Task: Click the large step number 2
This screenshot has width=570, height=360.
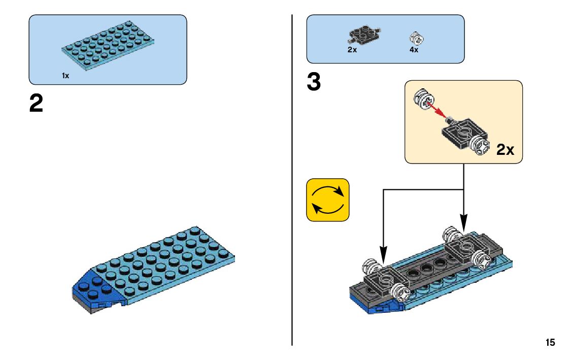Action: tap(36, 104)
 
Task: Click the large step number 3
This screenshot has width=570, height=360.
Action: tap(314, 83)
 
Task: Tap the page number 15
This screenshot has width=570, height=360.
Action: tap(550, 343)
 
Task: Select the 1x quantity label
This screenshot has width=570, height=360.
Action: tap(65, 76)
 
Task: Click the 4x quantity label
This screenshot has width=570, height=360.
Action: tap(414, 50)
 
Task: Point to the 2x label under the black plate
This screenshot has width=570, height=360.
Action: tap(352, 50)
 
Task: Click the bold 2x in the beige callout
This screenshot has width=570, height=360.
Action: tap(505, 150)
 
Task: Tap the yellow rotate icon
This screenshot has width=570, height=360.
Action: tap(328, 200)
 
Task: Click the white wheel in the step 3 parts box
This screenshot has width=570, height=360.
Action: tap(416, 38)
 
